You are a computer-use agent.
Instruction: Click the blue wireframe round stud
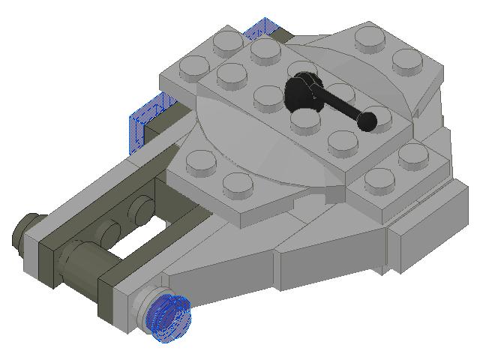170,317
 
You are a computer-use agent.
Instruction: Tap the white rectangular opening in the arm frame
146,239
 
